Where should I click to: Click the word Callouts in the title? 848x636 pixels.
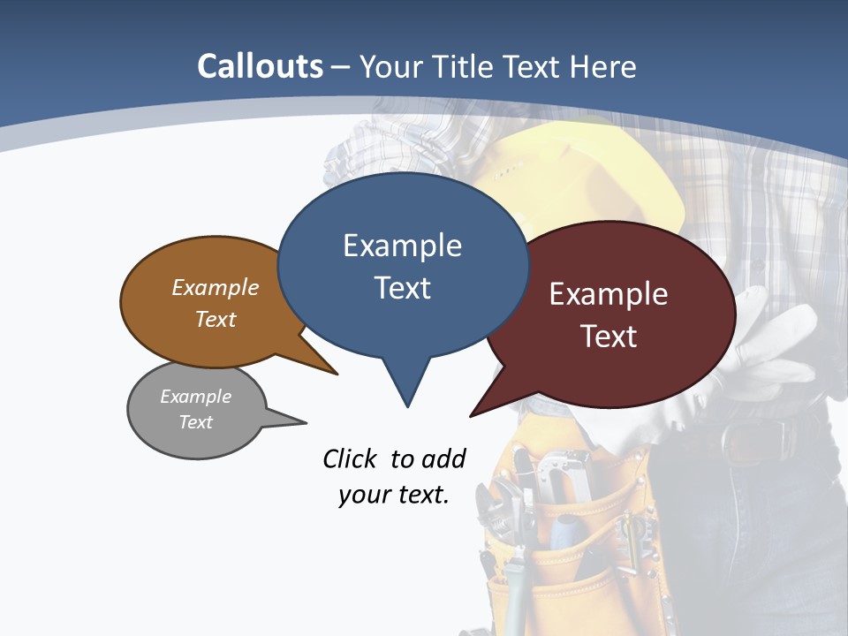coord(260,66)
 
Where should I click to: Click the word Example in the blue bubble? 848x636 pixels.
coord(402,245)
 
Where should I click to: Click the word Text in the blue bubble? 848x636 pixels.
coord(402,288)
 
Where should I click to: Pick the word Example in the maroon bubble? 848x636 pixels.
coord(609,293)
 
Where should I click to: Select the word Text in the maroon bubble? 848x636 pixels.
coord(609,337)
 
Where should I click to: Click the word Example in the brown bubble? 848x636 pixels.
coord(216,287)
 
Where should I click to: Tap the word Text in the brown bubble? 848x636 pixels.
coord(216,319)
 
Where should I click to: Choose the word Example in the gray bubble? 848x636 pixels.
coord(195,397)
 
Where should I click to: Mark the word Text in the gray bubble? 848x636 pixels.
coord(195,422)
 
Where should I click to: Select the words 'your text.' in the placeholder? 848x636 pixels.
coord(394,495)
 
